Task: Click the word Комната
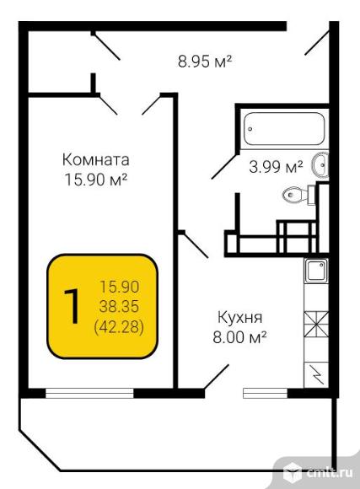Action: click(x=96, y=160)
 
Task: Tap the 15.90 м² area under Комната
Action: click(x=96, y=180)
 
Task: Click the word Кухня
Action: click(x=240, y=318)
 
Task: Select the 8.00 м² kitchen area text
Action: click(x=239, y=337)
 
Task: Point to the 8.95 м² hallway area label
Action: click(x=205, y=61)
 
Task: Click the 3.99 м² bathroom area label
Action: click(x=276, y=167)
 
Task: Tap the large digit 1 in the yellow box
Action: click(x=72, y=306)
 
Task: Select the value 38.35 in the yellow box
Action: click(x=119, y=307)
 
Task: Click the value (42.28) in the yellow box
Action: click(x=119, y=327)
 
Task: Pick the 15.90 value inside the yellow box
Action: click(x=119, y=287)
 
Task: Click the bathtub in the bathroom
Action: click(x=284, y=129)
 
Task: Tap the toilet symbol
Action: click(x=298, y=195)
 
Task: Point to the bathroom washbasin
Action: click(x=320, y=164)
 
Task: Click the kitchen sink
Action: click(x=316, y=271)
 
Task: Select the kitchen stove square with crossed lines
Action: click(x=316, y=325)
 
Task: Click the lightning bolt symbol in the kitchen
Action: click(x=318, y=373)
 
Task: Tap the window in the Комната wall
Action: click(x=89, y=393)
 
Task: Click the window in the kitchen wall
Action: click(x=266, y=393)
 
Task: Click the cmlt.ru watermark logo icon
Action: click(x=293, y=471)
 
